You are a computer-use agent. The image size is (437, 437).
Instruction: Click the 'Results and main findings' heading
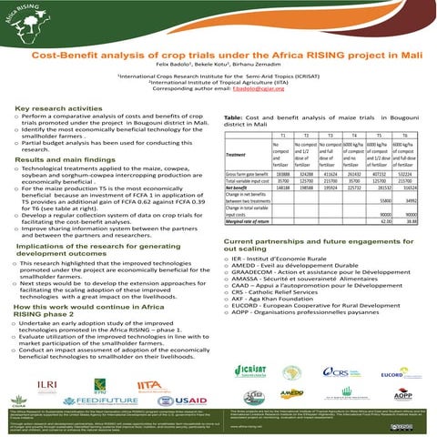tap(62, 159)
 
